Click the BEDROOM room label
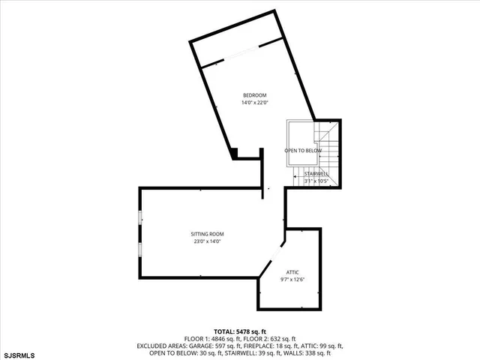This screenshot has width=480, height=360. tap(254, 94)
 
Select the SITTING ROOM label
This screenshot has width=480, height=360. tap(207, 234)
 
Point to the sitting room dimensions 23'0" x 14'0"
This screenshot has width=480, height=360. tap(207, 241)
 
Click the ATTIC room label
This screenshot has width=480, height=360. tap(292, 271)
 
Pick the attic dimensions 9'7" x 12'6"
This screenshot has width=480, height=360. tap(292, 279)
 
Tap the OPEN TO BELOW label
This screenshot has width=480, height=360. tap(303, 151)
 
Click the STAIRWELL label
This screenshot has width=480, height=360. tap(316, 174)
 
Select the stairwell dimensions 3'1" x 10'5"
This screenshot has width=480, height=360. tap(316, 181)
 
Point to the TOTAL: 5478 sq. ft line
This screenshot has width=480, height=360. tap(240, 331)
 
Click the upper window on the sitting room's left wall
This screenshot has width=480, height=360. tap(140, 217)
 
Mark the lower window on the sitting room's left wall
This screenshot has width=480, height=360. tap(140, 249)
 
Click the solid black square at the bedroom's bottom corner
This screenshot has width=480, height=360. tap(235, 154)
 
